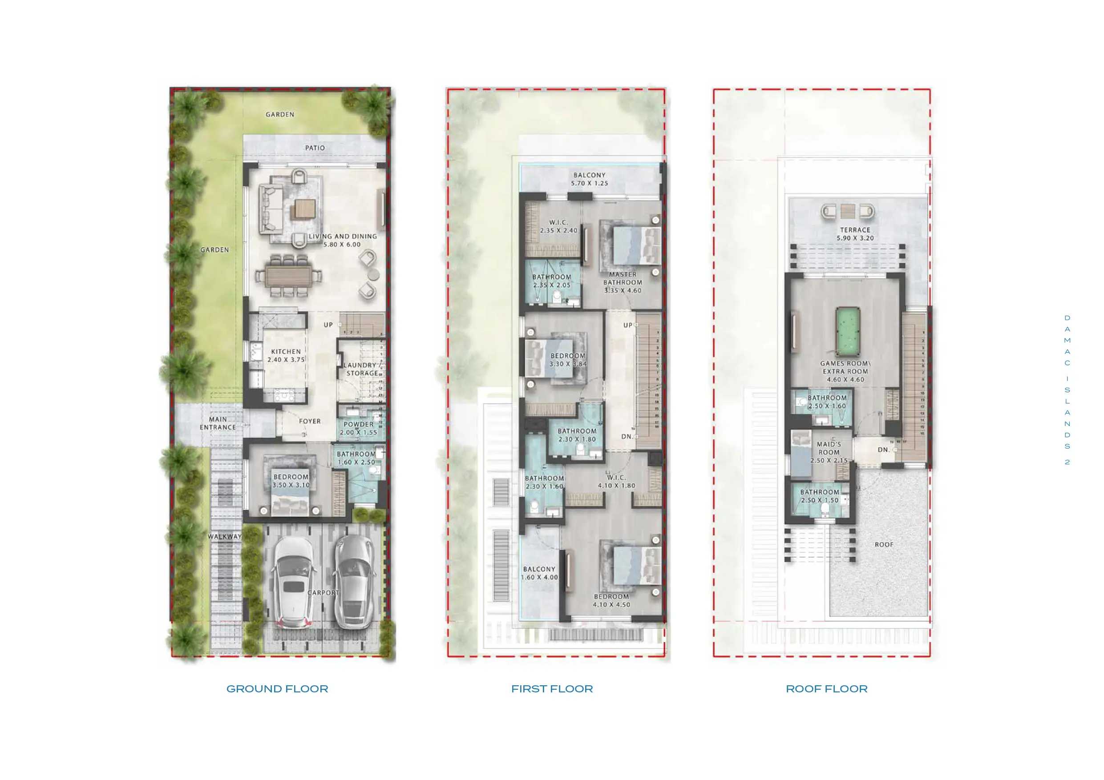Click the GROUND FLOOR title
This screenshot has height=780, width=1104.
pyautogui.click(x=277, y=689)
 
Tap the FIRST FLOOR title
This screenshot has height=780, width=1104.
pyautogui.click(x=552, y=689)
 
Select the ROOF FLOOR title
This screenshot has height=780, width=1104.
pyautogui.click(x=827, y=689)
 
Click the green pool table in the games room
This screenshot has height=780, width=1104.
pyautogui.click(x=848, y=331)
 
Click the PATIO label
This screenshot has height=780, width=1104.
pyautogui.click(x=315, y=148)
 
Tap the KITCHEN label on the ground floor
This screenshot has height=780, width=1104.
pyautogui.click(x=286, y=352)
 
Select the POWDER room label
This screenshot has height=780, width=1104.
pyautogui.click(x=358, y=424)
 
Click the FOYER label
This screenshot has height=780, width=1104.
pyautogui.click(x=310, y=422)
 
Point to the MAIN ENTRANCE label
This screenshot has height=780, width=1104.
pyautogui.click(x=218, y=423)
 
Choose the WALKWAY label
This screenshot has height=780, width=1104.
pyautogui.click(x=225, y=536)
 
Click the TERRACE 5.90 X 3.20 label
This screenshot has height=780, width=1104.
pyautogui.click(x=855, y=234)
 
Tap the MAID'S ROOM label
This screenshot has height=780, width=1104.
pyautogui.click(x=829, y=448)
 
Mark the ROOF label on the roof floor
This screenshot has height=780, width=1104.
pyautogui.click(x=884, y=544)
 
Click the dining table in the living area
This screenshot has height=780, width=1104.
pyautogui.click(x=288, y=276)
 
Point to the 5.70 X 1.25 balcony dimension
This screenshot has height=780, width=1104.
pyautogui.click(x=590, y=183)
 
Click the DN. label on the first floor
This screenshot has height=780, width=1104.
pyautogui.click(x=627, y=436)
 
